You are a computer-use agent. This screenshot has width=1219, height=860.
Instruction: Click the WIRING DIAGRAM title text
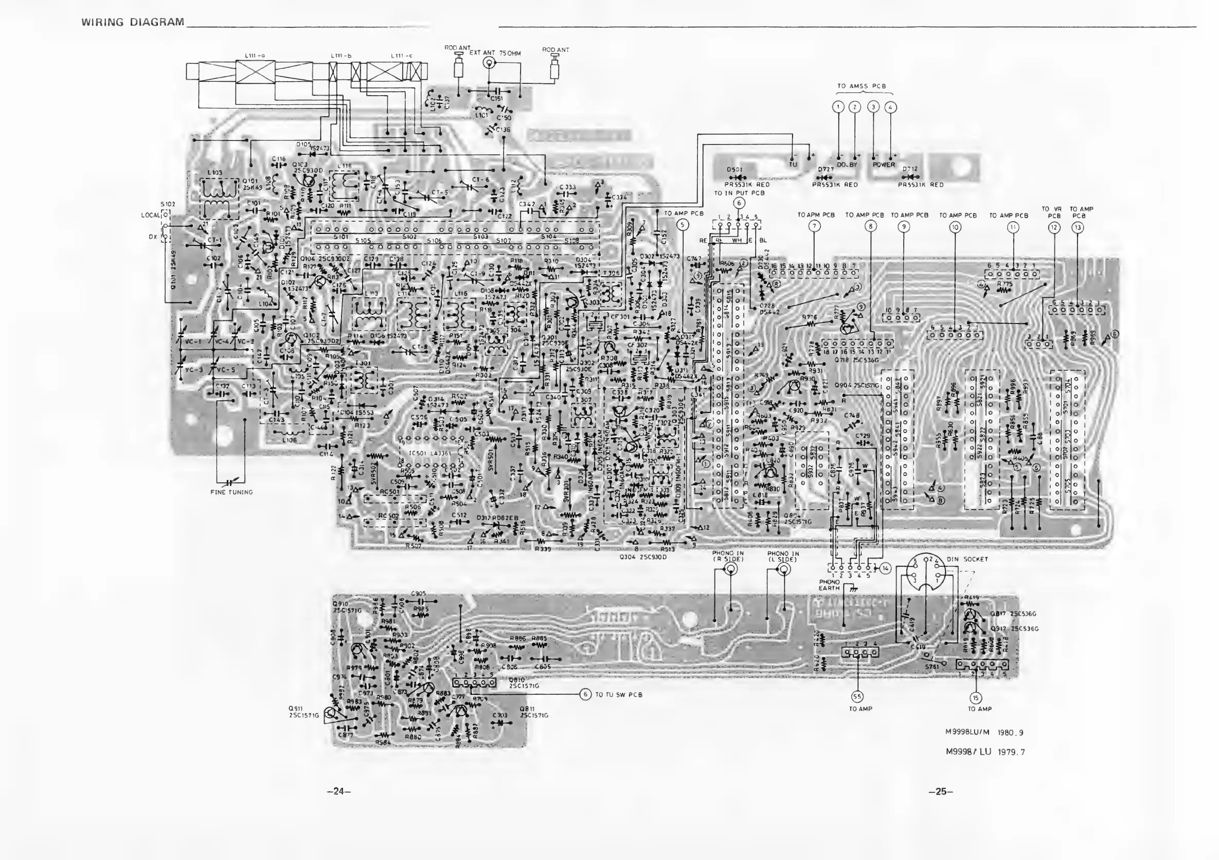133,22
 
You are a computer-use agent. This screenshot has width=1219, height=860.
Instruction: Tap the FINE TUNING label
231,492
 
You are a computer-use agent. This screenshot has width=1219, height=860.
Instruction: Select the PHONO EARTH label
829,585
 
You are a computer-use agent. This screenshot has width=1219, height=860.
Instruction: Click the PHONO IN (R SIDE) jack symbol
731,569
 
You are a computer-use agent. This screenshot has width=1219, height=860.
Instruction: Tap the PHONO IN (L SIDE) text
783,557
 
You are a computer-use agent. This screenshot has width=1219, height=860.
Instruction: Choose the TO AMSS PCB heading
861,86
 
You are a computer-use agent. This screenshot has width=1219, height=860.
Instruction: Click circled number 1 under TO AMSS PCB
838,106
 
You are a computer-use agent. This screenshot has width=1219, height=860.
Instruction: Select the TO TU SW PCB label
619,694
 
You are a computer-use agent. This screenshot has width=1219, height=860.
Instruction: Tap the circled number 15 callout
976,697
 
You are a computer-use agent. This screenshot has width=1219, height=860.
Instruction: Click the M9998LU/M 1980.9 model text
984,732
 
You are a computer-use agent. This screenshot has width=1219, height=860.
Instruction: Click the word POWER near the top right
884,165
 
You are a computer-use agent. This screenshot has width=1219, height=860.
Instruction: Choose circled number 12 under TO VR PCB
1054,228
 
